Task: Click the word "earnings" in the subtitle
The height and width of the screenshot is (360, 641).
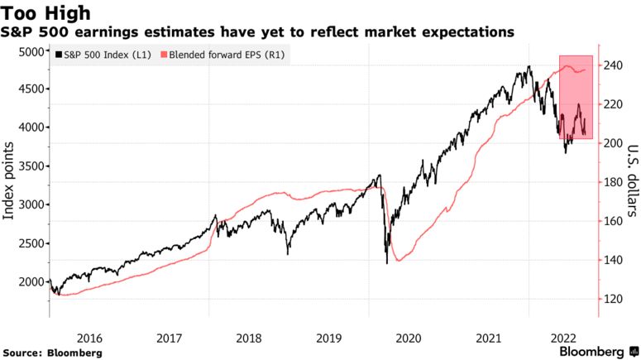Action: pyautogui.click(x=103, y=32)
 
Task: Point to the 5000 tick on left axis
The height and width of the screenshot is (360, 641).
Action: pyautogui.click(x=31, y=51)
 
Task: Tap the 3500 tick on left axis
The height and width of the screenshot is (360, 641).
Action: pyautogui.click(x=31, y=166)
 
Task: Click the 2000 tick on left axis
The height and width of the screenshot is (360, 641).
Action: pyautogui.click(x=31, y=282)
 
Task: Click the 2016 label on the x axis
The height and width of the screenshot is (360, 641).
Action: pyautogui.click(x=89, y=338)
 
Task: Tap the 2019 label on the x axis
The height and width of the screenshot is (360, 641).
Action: pyautogui.click(x=329, y=338)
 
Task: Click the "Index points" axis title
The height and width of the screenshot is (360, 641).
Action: pyautogui.click(x=11, y=180)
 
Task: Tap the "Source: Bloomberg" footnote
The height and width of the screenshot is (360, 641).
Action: pyautogui.click(x=51, y=353)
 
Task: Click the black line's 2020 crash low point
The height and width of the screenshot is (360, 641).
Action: pyautogui.click(x=387, y=263)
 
